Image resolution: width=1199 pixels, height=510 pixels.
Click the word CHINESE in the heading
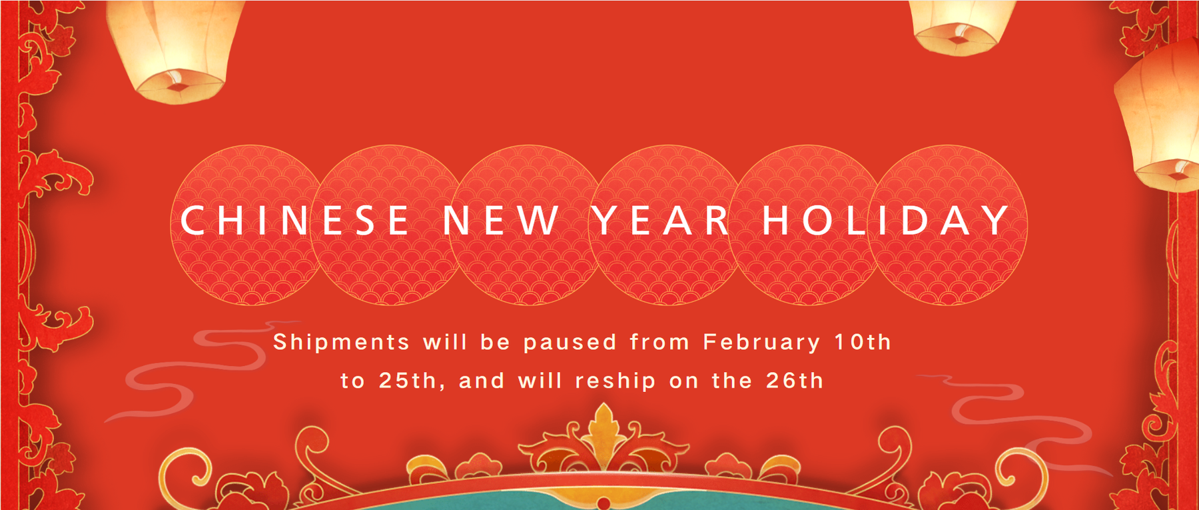point(294,220)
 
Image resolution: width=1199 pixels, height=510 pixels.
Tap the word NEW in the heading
point(502,220)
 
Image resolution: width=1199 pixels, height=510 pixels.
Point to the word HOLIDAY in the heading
point(886,220)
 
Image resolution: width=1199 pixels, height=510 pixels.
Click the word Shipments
point(341,343)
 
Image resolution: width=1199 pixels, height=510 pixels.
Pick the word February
point(761,343)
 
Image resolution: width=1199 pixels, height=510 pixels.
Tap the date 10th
point(863,342)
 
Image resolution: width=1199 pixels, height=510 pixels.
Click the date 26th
point(795,381)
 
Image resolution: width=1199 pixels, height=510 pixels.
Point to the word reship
point(615,381)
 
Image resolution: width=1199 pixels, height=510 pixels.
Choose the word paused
point(570,343)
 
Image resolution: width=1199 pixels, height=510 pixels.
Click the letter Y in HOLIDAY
point(995,220)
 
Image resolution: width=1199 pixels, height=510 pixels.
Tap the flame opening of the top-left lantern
point(177,85)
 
